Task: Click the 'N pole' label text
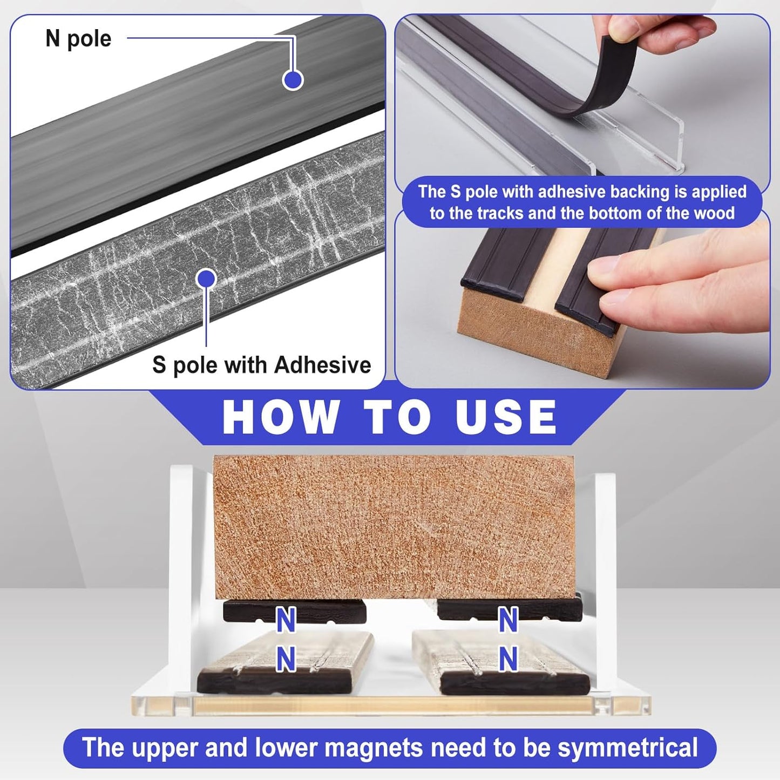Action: [78, 39]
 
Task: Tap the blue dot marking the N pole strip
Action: [293, 79]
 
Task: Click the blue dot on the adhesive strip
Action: [206, 279]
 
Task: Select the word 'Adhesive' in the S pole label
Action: [323, 365]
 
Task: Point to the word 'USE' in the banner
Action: [506, 417]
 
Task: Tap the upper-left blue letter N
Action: [286, 620]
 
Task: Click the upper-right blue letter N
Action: [507, 620]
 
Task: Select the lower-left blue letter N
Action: [286, 659]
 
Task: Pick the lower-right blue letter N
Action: [507, 659]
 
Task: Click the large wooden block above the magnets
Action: [394, 527]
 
